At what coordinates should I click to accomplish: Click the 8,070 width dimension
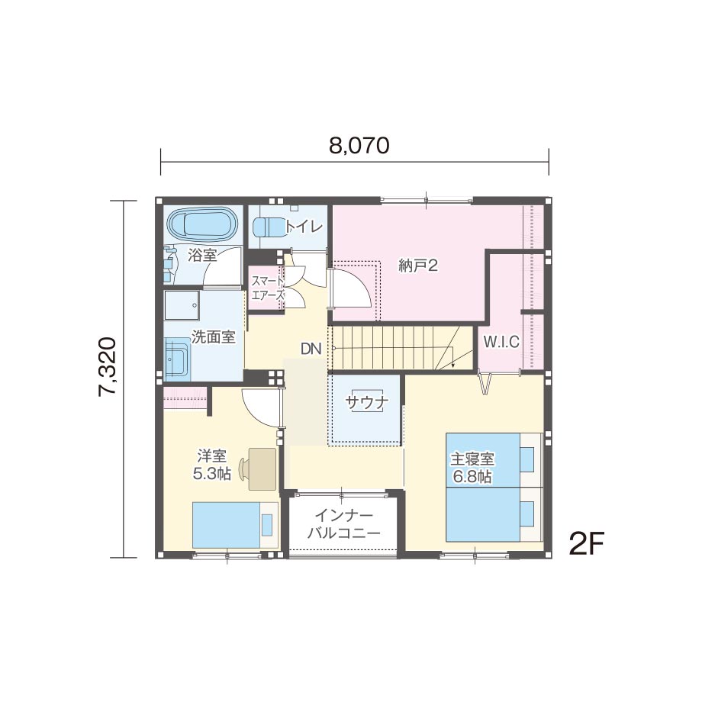[x=359, y=146]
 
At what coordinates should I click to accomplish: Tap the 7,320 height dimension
[x=108, y=367]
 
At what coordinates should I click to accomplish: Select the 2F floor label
[x=587, y=544]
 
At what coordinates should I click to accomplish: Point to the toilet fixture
[x=269, y=227]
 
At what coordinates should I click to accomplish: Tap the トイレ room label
[x=304, y=227]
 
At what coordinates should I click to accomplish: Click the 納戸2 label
[x=417, y=266]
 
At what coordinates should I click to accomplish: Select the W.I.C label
[x=501, y=342]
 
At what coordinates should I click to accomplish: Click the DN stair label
[x=311, y=349]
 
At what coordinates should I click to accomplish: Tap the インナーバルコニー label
[x=343, y=523]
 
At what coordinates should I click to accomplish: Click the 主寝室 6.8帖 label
[x=472, y=468]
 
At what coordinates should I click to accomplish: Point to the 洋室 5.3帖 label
[x=212, y=465]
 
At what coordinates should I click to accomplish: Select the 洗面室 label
[x=213, y=337]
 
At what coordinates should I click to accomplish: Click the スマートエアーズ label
[x=268, y=288]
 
